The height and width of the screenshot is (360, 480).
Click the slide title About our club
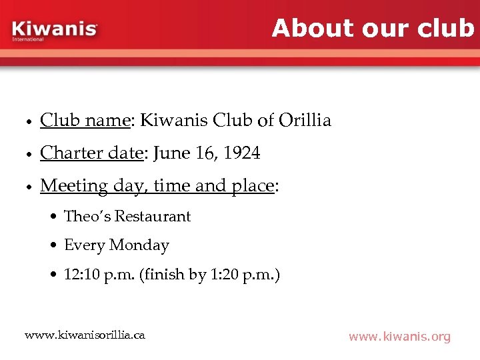373,28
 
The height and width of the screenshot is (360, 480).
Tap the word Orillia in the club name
305,120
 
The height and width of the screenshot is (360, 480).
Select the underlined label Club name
85,120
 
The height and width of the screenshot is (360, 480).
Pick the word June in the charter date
171,153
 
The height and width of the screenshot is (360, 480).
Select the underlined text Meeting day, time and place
157,186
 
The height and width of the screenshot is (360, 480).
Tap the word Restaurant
153,216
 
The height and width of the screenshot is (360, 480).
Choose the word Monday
139,245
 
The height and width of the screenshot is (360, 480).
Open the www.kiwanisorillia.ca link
85,334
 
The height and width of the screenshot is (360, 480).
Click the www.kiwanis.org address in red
399,337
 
